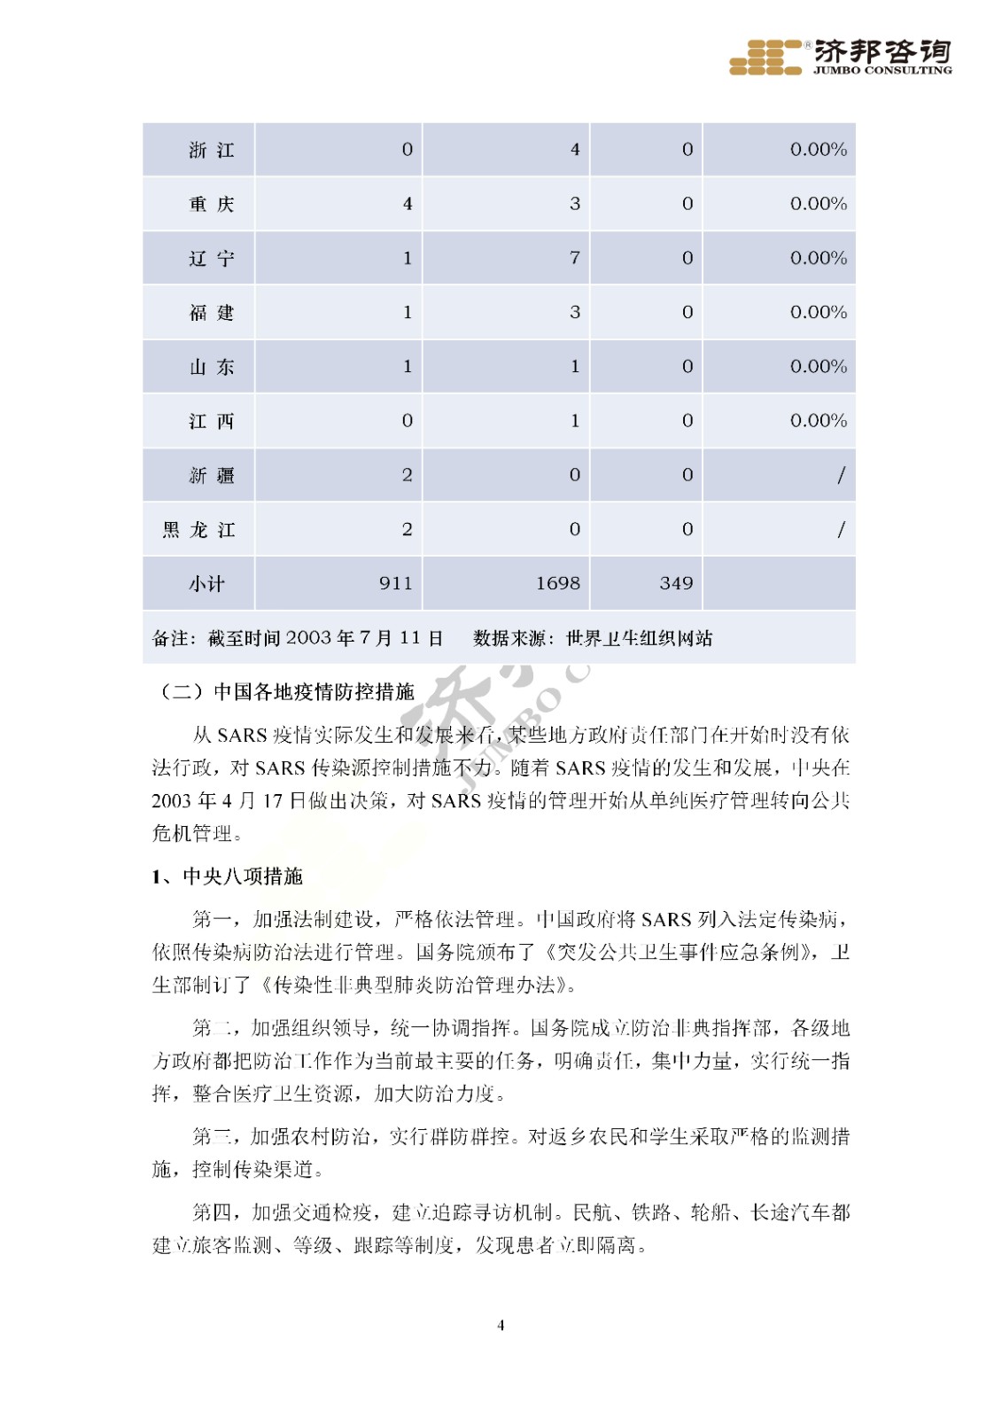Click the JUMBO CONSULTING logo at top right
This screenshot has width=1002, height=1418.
(x=839, y=58)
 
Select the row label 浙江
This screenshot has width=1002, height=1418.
(x=211, y=151)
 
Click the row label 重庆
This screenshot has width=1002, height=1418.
(x=211, y=205)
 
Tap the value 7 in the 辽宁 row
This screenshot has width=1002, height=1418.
(x=574, y=258)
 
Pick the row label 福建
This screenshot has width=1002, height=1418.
(x=211, y=313)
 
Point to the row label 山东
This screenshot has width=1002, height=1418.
(x=211, y=367)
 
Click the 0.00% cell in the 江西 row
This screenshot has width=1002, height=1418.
(x=818, y=421)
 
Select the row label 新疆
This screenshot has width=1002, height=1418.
(x=211, y=476)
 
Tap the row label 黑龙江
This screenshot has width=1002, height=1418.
(x=198, y=530)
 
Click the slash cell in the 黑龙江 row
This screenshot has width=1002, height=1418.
(x=840, y=530)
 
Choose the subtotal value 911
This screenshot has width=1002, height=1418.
(x=395, y=584)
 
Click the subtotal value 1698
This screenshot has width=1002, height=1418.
(x=557, y=584)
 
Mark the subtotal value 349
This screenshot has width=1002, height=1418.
(x=676, y=584)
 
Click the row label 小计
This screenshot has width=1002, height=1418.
(x=206, y=584)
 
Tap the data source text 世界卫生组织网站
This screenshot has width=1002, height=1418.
(x=639, y=638)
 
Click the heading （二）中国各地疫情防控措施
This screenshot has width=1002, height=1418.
(x=284, y=691)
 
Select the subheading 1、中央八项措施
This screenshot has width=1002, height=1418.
(x=227, y=877)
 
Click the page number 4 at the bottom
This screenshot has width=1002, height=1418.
(x=501, y=1325)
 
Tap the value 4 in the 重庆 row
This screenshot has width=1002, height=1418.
(x=407, y=205)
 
